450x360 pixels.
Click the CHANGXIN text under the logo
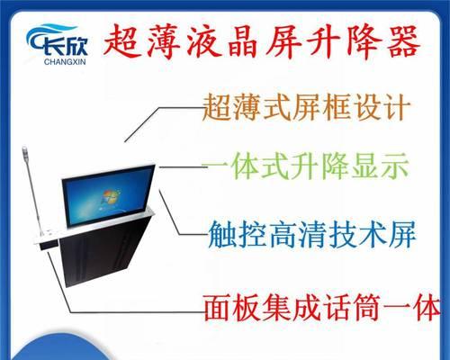click(x=65, y=62)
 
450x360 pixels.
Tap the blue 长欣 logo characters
click(x=65, y=47)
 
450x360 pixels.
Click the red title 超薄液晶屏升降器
click(x=261, y=42)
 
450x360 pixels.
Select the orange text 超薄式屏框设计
click(x=307, y=107)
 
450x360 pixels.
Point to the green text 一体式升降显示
click(x=305, y=166)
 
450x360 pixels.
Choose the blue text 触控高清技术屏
click(x=312, y=234)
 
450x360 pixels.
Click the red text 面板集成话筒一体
click(x=322, y=308)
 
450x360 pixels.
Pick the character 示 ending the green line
click(x=395, y=166)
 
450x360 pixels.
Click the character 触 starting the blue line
click(x=222, y=234)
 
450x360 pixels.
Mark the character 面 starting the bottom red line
click(x=218, y=308)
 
